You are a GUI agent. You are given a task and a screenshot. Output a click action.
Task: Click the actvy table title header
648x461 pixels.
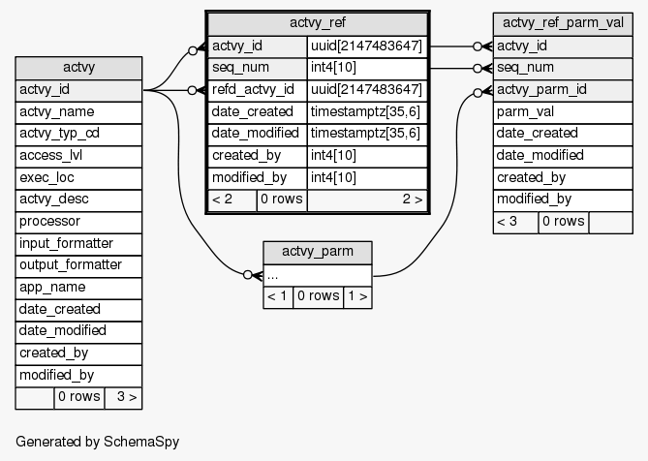pyautogui.click(x=78, y=68)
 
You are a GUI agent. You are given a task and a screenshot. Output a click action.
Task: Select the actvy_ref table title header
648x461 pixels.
pyautogui.click(x=318, y=23)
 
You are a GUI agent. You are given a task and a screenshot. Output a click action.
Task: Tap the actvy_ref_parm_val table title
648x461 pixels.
pyautogui.click(x=558, y=23)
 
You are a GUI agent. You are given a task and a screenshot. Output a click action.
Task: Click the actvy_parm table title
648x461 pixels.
pyautogui.click(x=317, y=253)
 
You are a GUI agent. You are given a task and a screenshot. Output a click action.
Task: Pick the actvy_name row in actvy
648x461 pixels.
pyautogui.click(x=78, y=112)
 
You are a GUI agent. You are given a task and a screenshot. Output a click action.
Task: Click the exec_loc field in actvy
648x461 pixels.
pyautogui.click(x=78, y=178)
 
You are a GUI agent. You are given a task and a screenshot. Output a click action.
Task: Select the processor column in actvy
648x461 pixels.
pyautogui.click(x=78, y=222)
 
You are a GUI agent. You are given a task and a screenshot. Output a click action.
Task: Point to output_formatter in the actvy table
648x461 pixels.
pyautogui.click(x=78, y=265)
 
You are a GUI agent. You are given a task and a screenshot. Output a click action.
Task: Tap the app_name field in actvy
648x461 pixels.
pyautogui.click(x=78, y=288)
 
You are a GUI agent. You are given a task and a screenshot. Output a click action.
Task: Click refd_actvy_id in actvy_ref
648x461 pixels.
pyautogui.click(x=258, y=90)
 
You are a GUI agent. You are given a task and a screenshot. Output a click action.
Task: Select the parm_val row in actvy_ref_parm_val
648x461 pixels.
pyautogui.click(x=558, y=111)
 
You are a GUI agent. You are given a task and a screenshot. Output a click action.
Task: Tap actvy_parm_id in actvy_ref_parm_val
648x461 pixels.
pyautogui.click(x=558, y=90)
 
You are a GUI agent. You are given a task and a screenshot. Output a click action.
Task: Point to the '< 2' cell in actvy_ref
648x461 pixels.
pyautogui.click(x=232, y=200)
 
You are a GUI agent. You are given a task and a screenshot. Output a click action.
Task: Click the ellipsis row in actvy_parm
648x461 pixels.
pyautogui.click(x=317, y=275)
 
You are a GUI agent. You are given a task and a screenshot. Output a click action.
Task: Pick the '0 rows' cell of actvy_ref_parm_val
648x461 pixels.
pyautogui.click(x=563, y=222)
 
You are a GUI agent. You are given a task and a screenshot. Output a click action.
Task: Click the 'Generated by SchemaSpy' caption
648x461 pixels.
pyautogui.click(x=97, y=442)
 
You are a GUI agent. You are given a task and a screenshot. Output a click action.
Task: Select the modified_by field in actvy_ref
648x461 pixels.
pyautogui.click(x=258, y=178)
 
